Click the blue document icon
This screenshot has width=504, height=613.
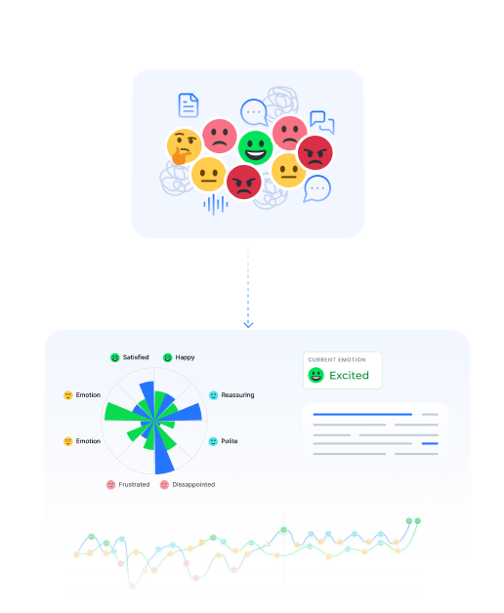point(189,105)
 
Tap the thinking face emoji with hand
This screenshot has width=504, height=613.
point(184,147)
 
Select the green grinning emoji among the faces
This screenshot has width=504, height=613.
point(256,147)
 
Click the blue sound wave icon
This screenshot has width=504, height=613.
point(216,204)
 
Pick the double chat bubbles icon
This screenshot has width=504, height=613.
point(322,122)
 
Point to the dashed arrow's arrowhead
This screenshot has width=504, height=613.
point(248,324)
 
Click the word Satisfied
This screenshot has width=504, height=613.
point(136,357)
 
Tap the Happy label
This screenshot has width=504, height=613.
point(185,357)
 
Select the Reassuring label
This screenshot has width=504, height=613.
point(237,395)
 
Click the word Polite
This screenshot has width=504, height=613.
point(230,441)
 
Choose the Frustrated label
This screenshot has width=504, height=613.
point(134,485)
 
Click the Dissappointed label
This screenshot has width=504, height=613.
point(193,485)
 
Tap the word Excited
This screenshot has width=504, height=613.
point(349,375)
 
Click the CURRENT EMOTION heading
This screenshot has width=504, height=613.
point(337,359)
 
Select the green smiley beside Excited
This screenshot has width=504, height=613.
point(315,375)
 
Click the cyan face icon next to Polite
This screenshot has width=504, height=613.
point(213,441)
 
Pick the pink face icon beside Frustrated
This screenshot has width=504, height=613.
point(111,485)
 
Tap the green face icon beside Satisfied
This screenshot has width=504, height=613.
point(114,357)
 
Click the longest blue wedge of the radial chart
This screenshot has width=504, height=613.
point(163,448)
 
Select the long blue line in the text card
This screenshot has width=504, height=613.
point(362,414)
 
